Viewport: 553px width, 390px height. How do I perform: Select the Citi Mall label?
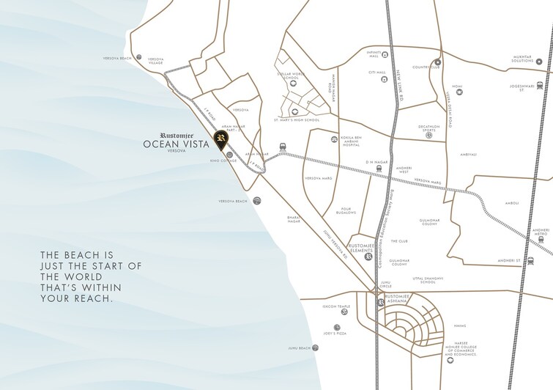376,73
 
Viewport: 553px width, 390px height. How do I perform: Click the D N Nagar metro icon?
378,167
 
